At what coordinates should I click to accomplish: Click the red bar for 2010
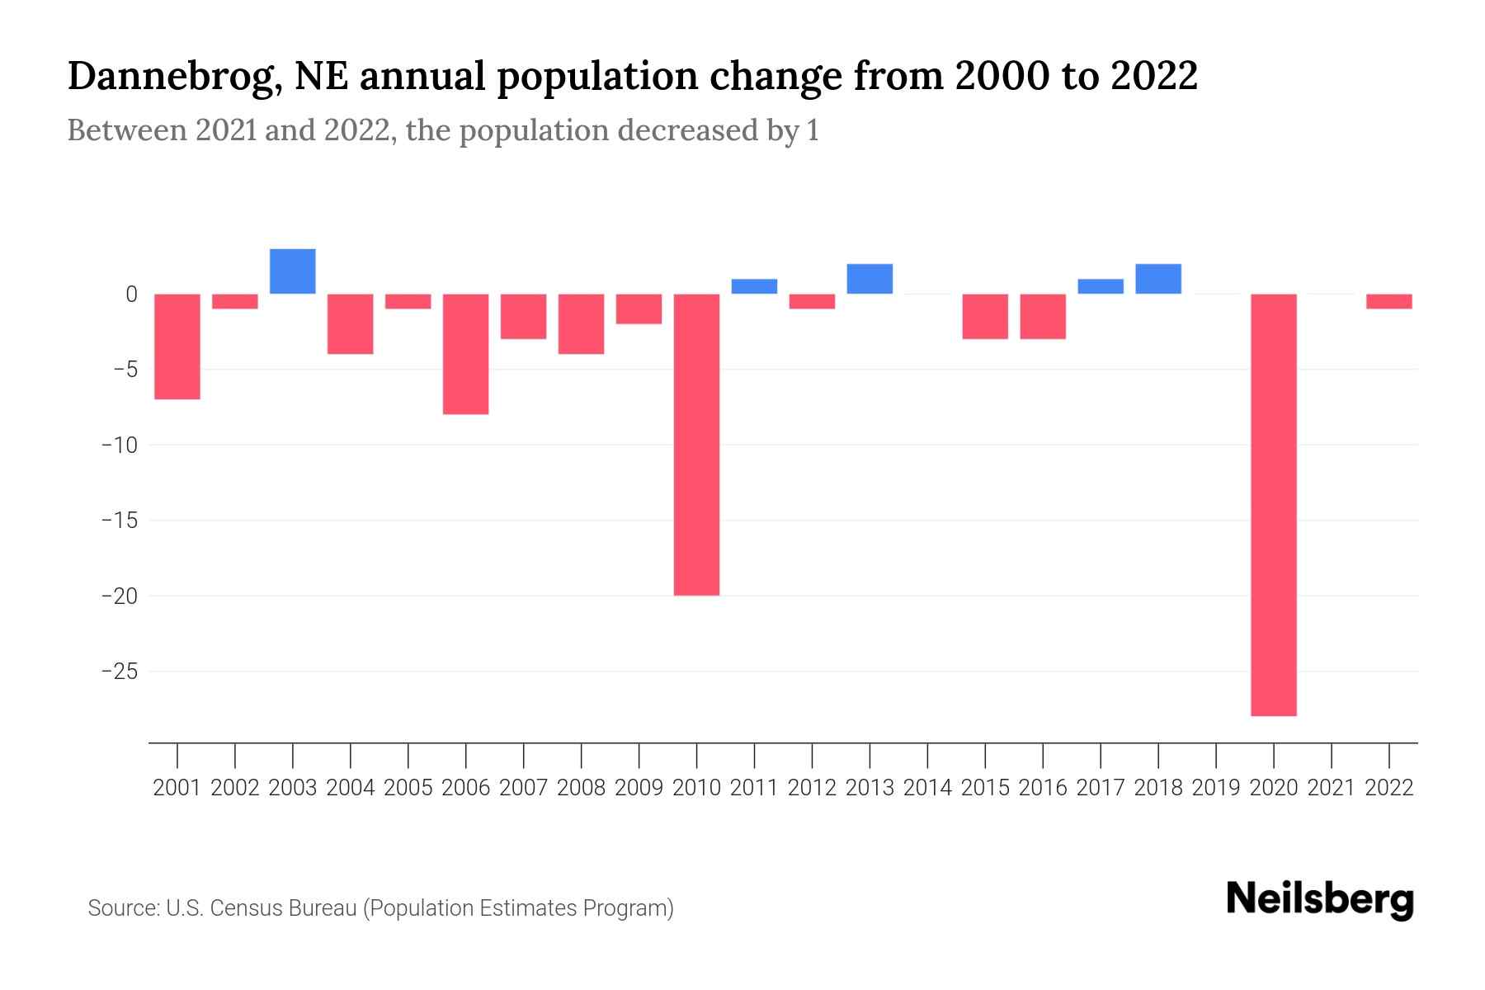coord(696,444)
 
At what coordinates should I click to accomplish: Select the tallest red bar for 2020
coord(1274,504)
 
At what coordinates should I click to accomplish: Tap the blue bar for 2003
coord(293,271)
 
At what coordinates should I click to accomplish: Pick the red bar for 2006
coord(466,354)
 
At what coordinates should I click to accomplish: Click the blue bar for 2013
coord(870,279)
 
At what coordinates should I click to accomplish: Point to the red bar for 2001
coord(177,346)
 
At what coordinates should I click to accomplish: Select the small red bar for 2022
coord(1389,301)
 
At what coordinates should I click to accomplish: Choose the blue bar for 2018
coord(1158,279)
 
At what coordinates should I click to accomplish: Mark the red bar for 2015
coord(985,316)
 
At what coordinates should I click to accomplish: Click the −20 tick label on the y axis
coord(119,596)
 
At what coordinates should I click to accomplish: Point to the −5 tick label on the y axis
coord(124,369)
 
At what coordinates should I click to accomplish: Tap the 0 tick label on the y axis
coord(131,294)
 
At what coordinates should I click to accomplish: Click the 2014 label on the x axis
coord(927,788)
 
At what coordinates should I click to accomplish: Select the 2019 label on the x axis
coord(1216,788)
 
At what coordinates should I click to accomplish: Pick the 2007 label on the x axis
coord(524,788)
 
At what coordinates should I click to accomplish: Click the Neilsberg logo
coord(1320,899)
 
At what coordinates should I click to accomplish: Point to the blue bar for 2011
coord(754,286)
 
